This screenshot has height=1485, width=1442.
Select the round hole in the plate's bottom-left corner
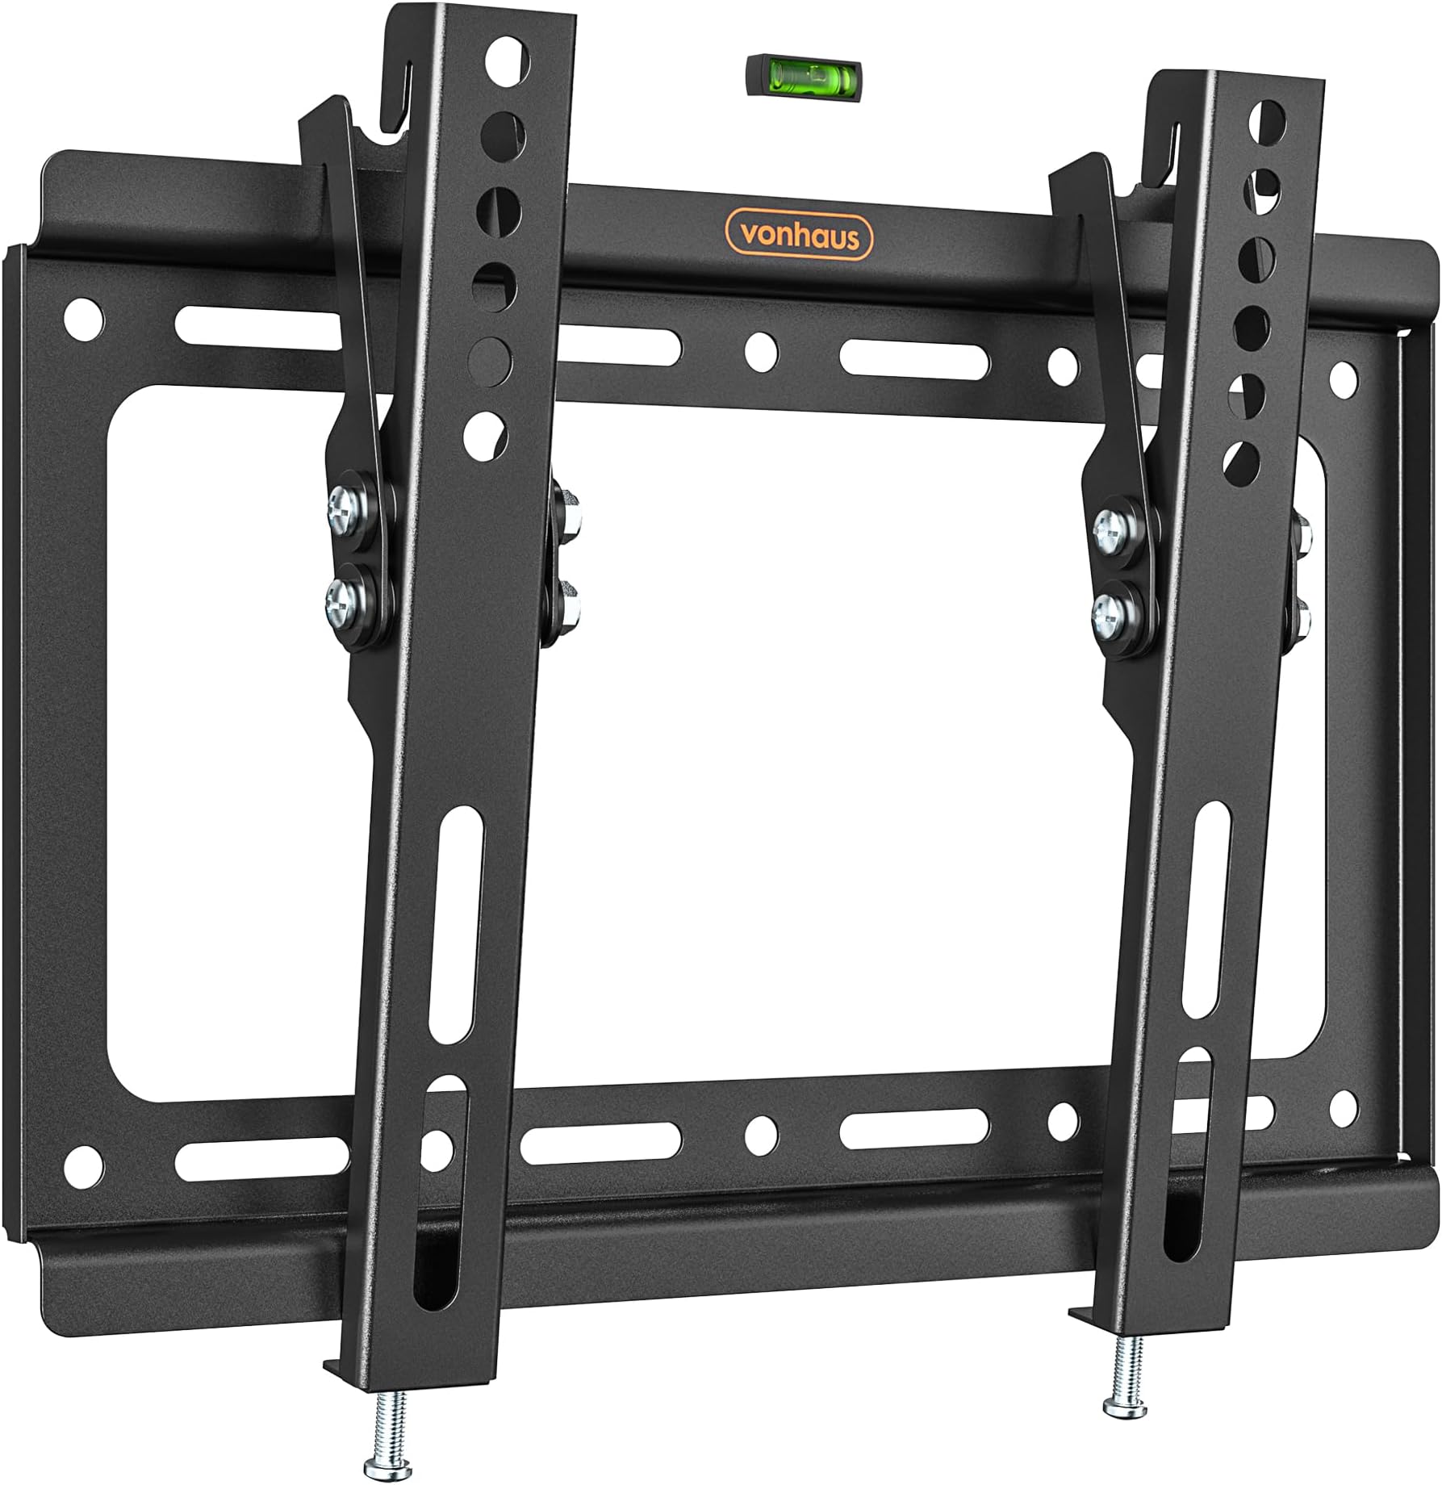tap(85, 1163)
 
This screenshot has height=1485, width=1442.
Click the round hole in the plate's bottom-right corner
tap(1343, 1103)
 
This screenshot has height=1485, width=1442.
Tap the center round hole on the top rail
tap(761, 349)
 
